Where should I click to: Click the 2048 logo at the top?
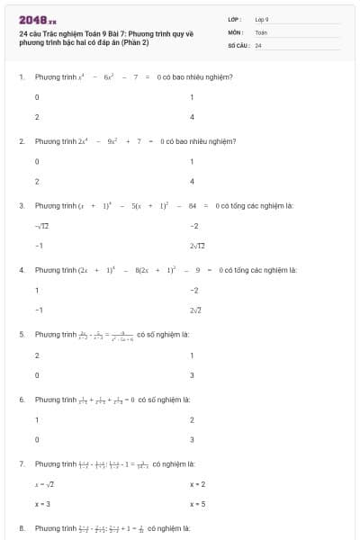[38, 20]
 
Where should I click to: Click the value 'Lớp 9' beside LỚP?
[262, 19]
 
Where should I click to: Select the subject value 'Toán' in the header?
[261, 31]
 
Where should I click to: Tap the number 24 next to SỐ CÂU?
[258, 44]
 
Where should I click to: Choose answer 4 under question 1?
[193, 117]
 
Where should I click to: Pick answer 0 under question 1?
[37, 96]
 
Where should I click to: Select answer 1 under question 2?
[193, 161]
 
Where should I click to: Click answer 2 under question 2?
[37, 181]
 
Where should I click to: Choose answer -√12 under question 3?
[40, 225]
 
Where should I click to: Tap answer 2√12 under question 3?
[198, 246]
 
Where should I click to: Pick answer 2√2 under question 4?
[197, 310]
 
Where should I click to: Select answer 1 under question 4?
[37, 290]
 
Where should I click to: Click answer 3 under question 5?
[193, 374]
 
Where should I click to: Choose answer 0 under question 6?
[37, 439]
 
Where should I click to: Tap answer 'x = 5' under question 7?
[198, 504]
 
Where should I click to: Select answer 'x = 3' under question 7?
[41, 504]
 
